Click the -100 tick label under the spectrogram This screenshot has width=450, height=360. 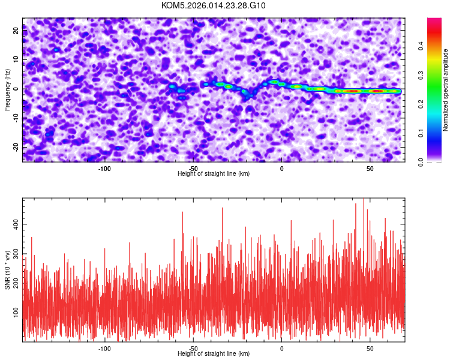click(x=104, y=168)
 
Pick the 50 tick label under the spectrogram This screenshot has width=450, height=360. click(x=370, y=168)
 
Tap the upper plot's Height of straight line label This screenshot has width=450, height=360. click(x=214, y=173)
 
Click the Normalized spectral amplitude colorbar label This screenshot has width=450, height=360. click(x=446, y=90)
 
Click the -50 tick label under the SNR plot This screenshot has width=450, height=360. click(x=193, y=348)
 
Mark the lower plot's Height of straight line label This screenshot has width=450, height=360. click(x=214, y=353)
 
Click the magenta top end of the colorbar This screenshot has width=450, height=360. click(x=434, y=21)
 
